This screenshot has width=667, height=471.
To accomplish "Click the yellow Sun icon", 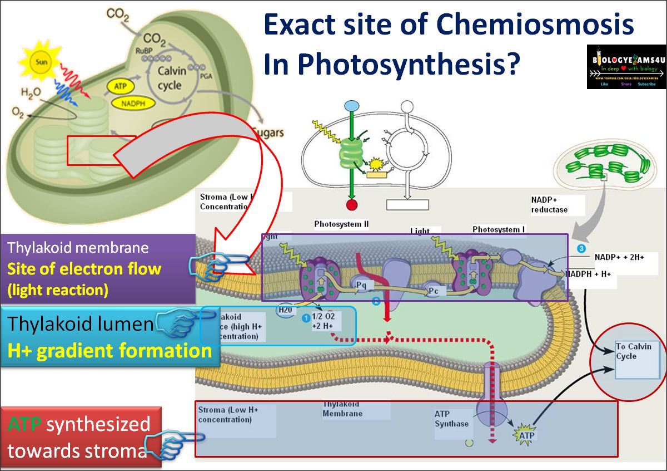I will [39, 62].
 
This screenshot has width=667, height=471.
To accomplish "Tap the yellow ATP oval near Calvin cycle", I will [121, 87].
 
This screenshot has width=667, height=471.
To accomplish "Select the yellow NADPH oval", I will [128, 103].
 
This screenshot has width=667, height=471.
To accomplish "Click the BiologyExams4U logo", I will [625, 66].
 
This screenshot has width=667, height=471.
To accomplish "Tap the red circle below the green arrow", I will [351, 205].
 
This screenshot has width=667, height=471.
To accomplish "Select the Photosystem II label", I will [341, 224].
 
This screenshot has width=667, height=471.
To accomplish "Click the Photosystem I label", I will [499, 229].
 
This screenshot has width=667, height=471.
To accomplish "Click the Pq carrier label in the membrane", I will [362, 286].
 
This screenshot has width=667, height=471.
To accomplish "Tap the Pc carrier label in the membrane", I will [434, 291].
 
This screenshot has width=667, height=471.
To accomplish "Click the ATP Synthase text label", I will [451, 419].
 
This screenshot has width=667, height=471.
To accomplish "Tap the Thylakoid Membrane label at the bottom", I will [342, 409].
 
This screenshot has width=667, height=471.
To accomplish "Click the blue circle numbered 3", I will [581, 248].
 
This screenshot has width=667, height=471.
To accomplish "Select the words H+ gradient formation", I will [109, 351].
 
